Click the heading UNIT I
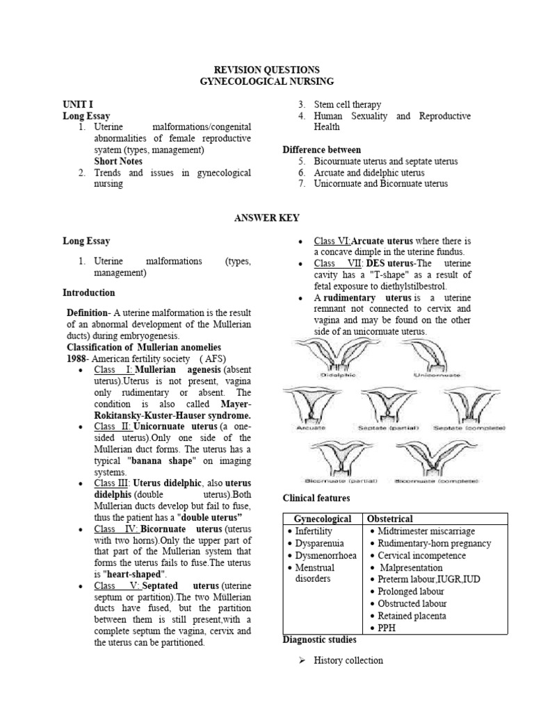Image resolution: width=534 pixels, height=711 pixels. (78, 104)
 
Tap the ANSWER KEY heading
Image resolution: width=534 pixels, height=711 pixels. (266, 218)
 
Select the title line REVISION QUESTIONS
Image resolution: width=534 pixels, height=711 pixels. (266, 70)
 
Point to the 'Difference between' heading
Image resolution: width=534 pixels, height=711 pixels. (321, 149)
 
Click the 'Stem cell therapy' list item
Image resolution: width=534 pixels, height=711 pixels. (347, 105)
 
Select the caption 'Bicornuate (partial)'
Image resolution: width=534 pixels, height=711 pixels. (334, 480)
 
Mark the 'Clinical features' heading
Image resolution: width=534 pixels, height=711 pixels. (316, 499)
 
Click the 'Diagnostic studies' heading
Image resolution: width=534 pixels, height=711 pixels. (320, 639)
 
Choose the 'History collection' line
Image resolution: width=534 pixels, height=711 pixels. (348, 660)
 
